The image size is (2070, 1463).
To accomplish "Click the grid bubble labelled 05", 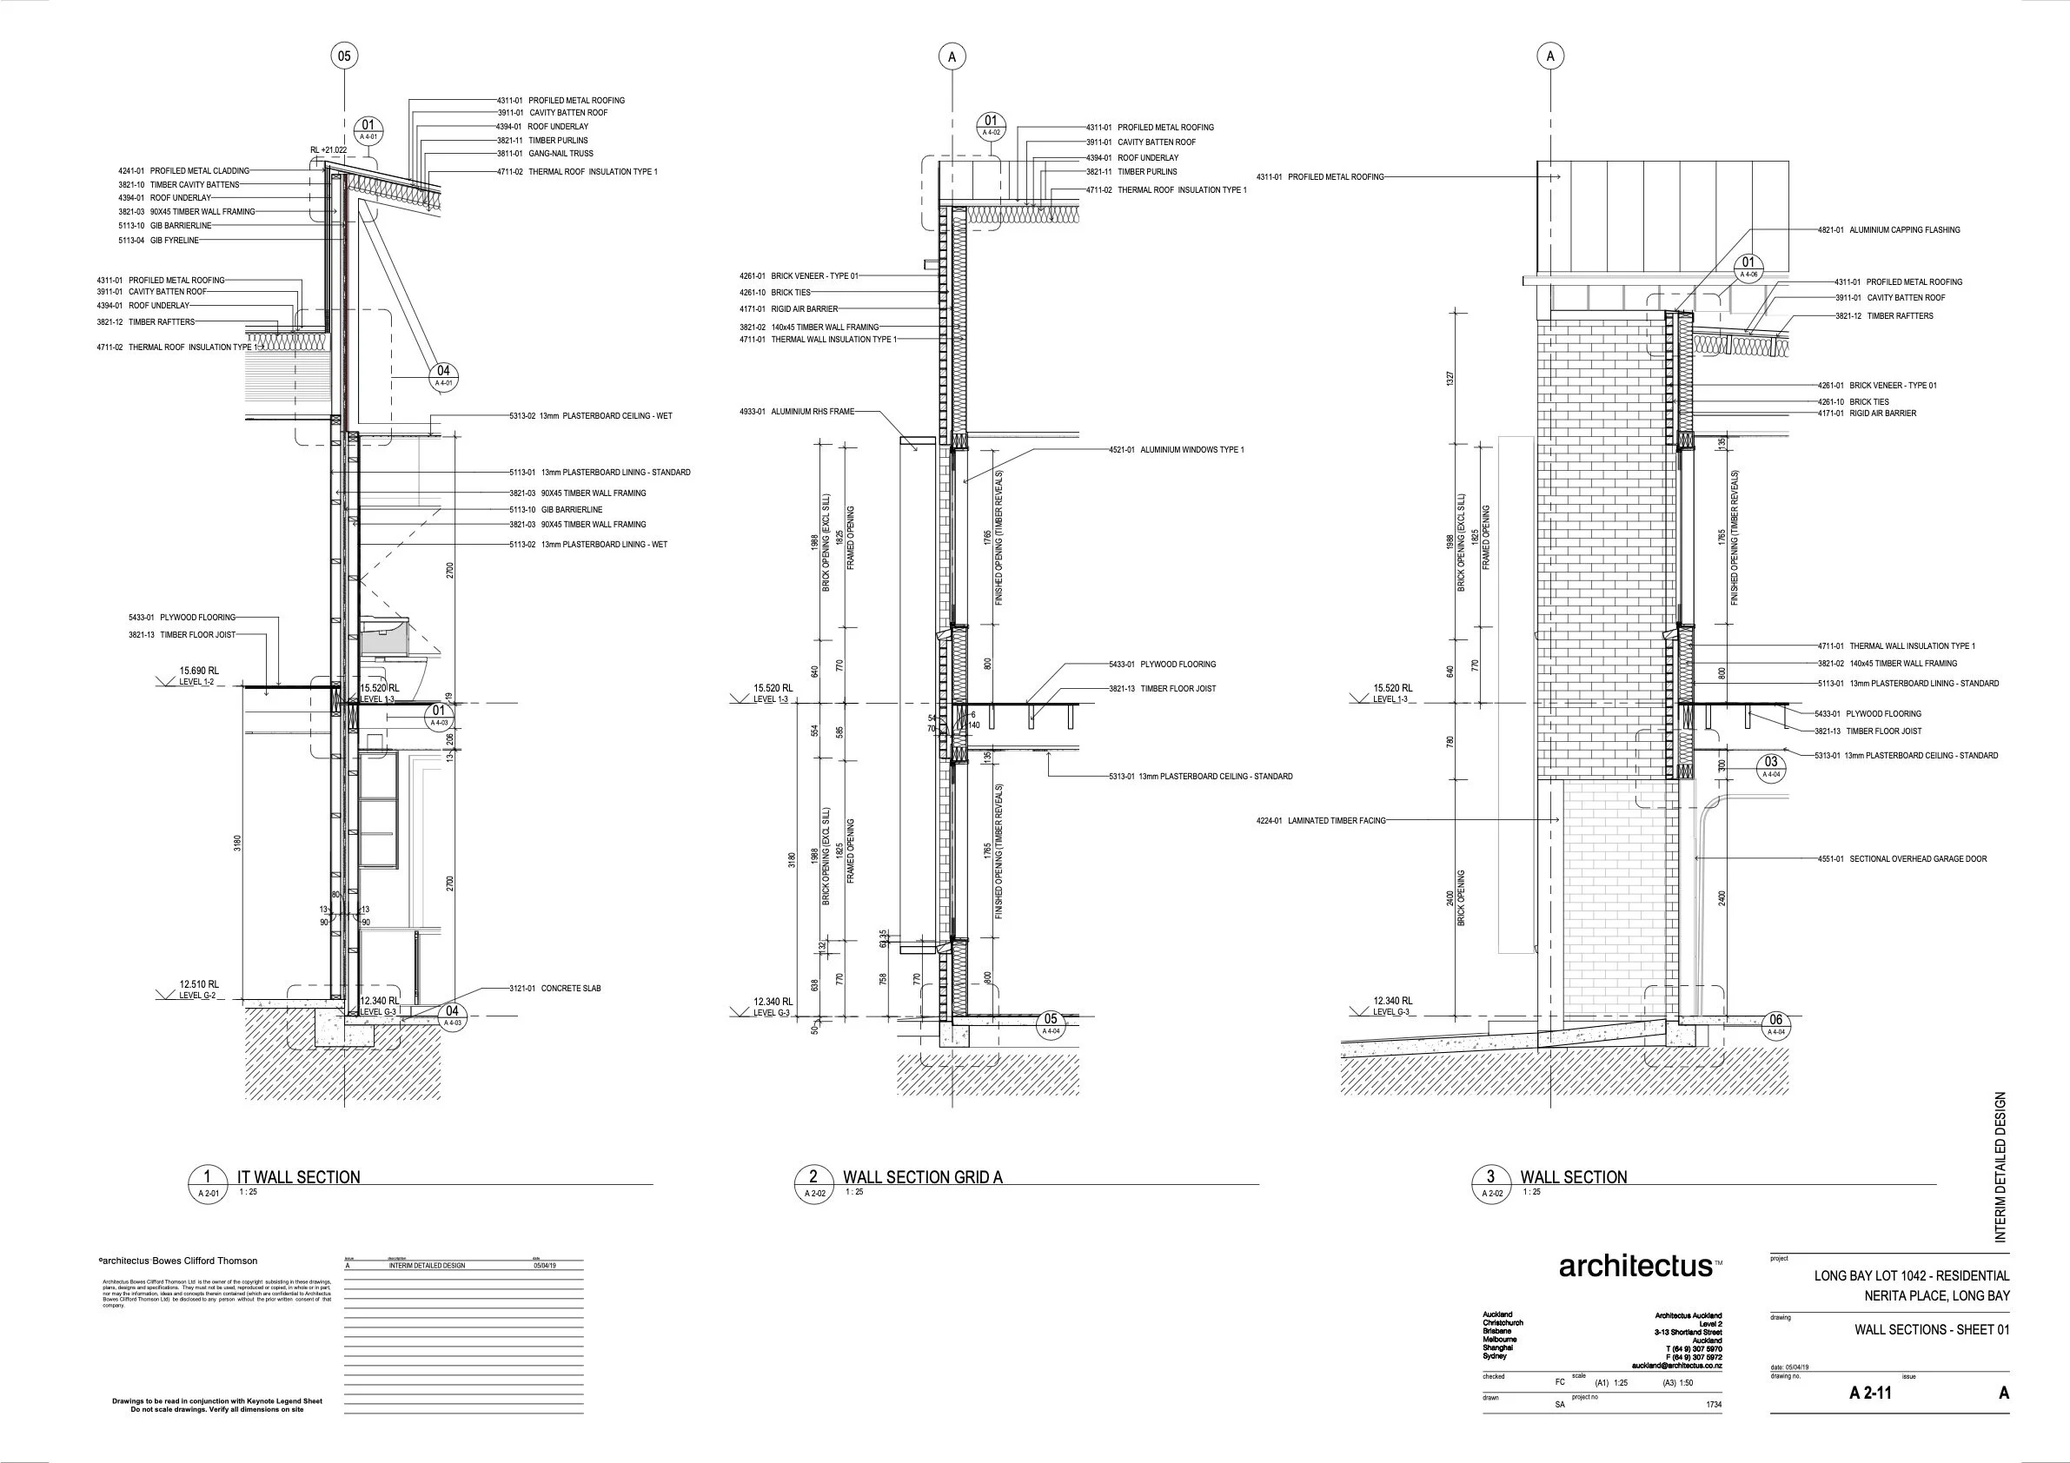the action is (x=343, y=56).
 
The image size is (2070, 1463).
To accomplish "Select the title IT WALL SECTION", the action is (x=297, y=1177).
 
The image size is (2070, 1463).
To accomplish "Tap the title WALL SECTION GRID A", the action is (x=922, y=1177).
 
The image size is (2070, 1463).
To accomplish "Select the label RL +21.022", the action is (x=328, y=149).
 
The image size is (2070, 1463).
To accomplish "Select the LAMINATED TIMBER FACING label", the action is (x=1321, y=821).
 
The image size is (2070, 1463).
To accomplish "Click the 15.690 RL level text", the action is (x=199, y=671).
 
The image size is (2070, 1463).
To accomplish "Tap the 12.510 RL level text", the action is (x=199, y=985).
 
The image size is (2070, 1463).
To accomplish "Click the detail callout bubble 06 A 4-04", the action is (x=1775, y=1025).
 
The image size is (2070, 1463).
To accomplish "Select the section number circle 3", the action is (x=1490, y=1177).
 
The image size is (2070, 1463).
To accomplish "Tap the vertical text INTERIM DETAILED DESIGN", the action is (x=2000, y=1168).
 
